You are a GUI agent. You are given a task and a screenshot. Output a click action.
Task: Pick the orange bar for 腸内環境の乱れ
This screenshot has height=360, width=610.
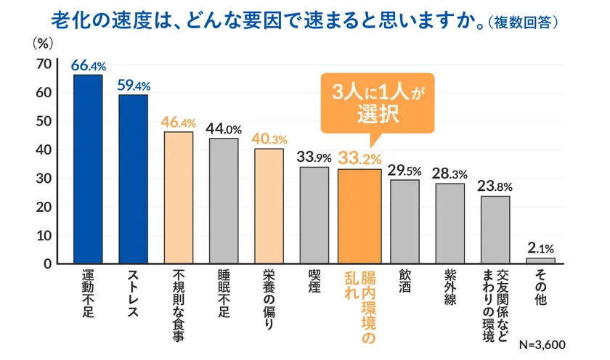[359, 216]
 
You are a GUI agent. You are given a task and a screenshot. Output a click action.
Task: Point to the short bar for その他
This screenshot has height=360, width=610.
[540, 260]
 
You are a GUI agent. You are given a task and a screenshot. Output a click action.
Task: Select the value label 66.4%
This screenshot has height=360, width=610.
[88, 65]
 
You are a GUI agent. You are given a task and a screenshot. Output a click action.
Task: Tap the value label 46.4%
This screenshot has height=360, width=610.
[179, 122]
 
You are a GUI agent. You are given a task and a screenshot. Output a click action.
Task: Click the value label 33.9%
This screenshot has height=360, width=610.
[314, 157]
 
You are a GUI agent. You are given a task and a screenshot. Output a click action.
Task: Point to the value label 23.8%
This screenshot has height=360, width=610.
[495, 186]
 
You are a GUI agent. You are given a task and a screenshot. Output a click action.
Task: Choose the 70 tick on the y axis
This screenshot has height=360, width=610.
[43, 65]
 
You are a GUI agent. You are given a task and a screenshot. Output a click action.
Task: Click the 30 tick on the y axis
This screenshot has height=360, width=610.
[43, 179]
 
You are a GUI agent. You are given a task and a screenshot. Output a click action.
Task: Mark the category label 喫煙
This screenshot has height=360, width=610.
[314, 279]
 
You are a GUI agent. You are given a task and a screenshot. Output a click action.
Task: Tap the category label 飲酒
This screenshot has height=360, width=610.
[404, 279]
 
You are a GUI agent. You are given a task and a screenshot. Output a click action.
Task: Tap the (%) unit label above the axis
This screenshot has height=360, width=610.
[43, 43]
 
